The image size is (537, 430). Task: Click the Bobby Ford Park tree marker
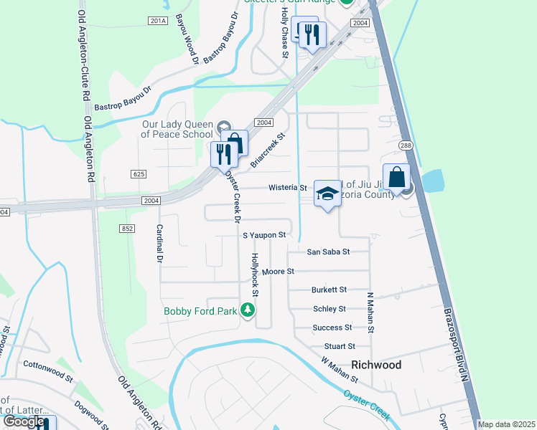click(x=248, y=310)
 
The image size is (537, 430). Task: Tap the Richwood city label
click(x=375, y=365)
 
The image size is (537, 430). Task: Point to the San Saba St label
click(x=328, y=252)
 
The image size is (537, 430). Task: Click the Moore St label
click(x=279, y=272)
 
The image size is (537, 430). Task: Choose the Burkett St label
click(x=329, y=290)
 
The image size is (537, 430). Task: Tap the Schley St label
click(x=330, y=308)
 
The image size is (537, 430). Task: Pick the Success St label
click(x=332, y=328)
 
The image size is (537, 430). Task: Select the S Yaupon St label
click(x=264, y=234)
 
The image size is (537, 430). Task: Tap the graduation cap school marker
click(x=327, y=193)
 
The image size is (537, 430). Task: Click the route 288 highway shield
click(x=406, y=145)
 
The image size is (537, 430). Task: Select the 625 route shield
click(x=139, y=174)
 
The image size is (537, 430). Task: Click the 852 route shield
click(x=127, y=228)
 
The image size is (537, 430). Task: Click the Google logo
click(x=24, y=421)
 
